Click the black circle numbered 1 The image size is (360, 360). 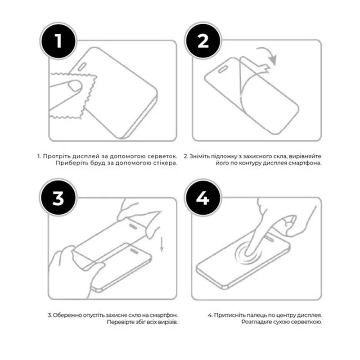coord(58,41)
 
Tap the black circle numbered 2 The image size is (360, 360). coord(203,41)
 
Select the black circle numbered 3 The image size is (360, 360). coord(58,198)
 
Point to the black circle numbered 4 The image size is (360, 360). coord(203,198)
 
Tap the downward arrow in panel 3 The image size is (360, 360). coord(162,244)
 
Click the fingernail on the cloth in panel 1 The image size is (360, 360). coord(75,86)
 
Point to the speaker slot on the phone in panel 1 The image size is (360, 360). coord(82,66)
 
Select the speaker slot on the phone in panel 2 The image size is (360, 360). coord(223,69)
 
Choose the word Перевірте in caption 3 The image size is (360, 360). coord(121,322)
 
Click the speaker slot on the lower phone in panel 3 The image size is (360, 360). coord(134,251)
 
